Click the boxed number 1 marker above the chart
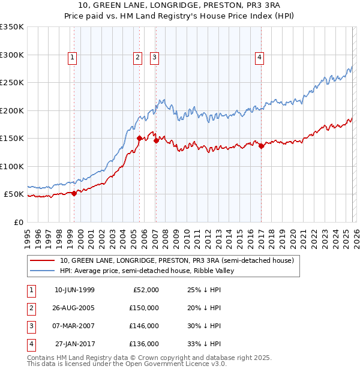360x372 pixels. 72,58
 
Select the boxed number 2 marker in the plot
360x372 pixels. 137,58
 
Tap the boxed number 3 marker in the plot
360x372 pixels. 154,58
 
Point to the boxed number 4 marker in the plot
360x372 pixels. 260,58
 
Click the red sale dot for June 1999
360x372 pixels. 74,193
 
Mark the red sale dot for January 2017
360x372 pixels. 262,146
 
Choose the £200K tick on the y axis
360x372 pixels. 12,110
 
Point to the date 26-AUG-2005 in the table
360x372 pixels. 74,308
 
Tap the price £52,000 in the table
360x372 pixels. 145,290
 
